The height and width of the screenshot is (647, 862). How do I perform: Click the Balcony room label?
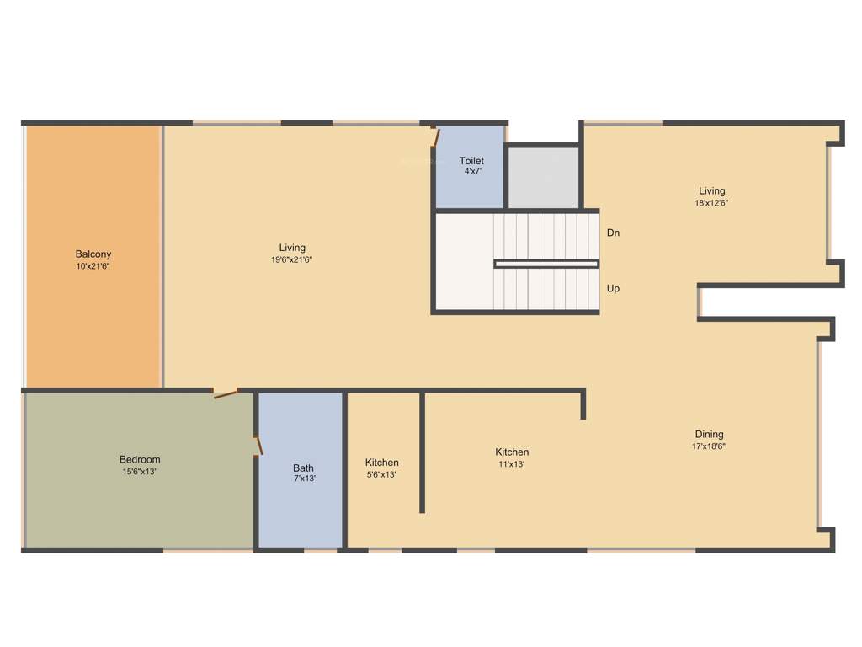(93, 254)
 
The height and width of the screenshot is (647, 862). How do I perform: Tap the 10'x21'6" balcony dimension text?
(93, 266)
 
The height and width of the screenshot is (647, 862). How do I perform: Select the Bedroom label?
(140, 460)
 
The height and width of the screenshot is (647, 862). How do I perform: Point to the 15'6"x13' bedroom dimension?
(140, 472)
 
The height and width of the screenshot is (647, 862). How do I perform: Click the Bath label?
(303, 468)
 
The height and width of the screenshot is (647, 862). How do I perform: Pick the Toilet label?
(471, 161)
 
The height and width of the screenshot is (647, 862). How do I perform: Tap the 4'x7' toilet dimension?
(472, 171)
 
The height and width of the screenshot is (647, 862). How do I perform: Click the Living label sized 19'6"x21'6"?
(292, 248)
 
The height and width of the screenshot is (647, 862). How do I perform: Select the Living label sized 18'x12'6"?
(711, 191)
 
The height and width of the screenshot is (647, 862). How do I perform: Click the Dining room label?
(709, 435)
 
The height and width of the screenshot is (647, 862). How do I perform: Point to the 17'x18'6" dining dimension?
(709, 446)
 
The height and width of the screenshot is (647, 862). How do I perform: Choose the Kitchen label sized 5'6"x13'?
(382, 463)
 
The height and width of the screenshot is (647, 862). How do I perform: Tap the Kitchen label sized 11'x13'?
(512, 452)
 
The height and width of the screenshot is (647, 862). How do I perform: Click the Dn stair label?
(613, 233)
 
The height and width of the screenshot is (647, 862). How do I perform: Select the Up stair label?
(613, 288)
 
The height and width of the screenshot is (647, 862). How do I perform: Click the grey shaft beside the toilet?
(543, 177)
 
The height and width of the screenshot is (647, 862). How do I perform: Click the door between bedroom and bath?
(259, 445)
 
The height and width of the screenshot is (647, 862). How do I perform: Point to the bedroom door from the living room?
(225, 393)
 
